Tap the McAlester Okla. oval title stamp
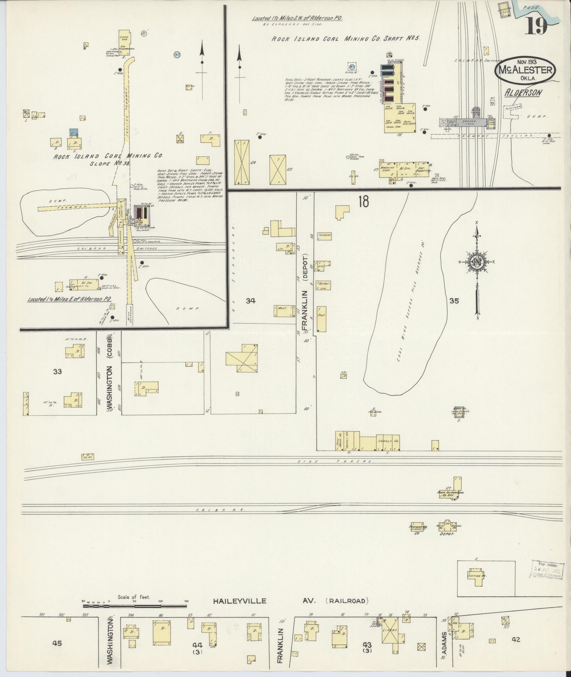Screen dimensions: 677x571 (x=525, y=71)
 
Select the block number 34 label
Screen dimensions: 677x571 (x=251, y=301)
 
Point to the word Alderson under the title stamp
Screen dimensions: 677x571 (x=524, y=93)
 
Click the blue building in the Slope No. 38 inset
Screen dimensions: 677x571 (x=74, y=132)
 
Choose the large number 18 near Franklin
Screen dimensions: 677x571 (x=363, y=201)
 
